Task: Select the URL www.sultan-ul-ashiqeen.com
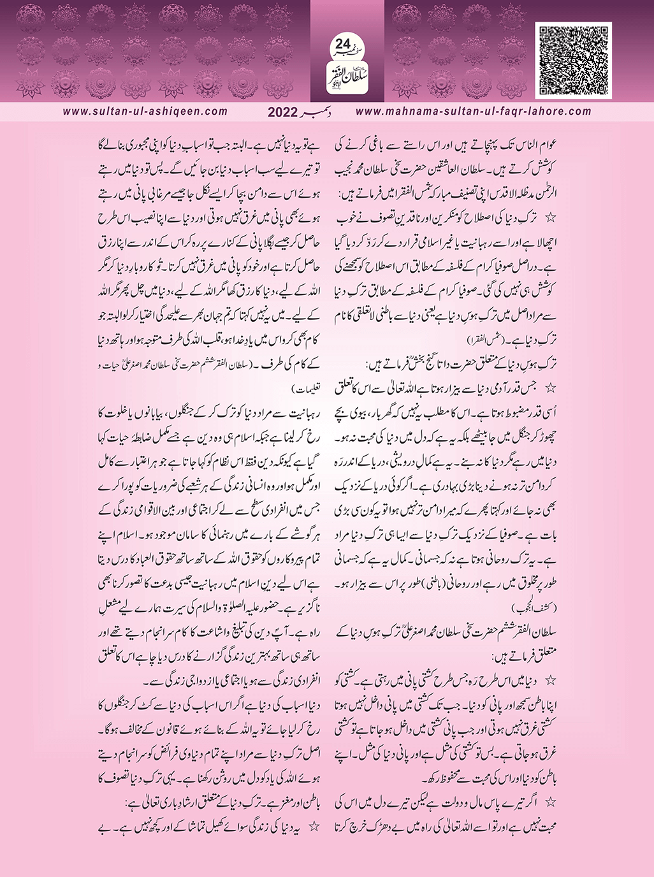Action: point(145,112)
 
